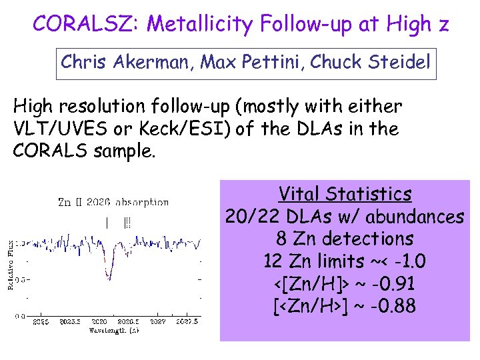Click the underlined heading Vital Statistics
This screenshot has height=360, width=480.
point(345,194)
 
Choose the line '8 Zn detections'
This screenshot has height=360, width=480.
point(345,239)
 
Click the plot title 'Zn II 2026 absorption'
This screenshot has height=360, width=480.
point(113,201)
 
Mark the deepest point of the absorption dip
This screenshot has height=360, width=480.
point(109,278)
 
